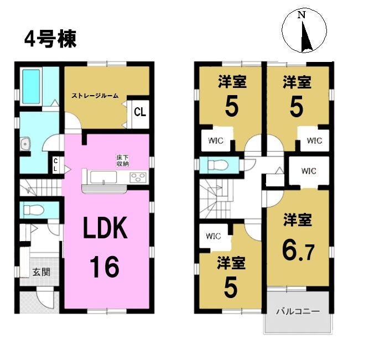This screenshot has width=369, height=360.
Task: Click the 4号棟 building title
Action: (x=50, y=39)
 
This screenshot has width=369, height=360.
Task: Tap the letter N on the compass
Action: (x=302, y=15)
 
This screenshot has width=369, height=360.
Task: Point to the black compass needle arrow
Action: (x=306, y=36)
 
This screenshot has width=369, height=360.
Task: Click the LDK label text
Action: (x=106, y=228)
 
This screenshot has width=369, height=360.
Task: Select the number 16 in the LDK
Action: (x=105, y=267)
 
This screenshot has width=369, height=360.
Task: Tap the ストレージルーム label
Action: (x=95, y=96)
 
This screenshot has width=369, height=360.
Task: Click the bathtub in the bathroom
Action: (x=31, y=86)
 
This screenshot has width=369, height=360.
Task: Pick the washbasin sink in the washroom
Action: (x=25, y=143)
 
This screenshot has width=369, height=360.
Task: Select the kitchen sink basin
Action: (x=103, y=177)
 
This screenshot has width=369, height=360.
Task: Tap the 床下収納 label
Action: (x=122, y=161)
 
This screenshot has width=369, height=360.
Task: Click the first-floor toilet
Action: (x=34, y=210)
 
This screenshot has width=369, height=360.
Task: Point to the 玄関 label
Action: (x=41, y=272)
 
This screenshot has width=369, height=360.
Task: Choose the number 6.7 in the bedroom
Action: (x=298, y=252)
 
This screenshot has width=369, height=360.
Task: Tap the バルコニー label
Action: (x=298, y=311)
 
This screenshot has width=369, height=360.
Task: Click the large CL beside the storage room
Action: (x=140, y=112)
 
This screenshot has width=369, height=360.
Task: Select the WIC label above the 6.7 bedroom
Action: (x=309, y=171)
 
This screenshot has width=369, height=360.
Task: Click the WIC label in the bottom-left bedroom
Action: (x=213, y=236)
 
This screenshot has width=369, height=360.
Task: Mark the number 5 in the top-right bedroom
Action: (x=297, y=107)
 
